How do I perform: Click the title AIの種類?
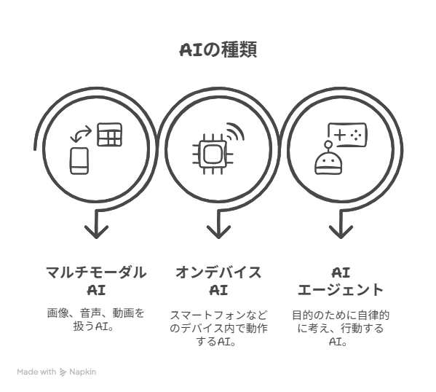tap(218, 50)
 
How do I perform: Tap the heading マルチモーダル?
tap(96, 273)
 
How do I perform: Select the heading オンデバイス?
tap(218, 273)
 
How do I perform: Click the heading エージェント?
tap(341, 290)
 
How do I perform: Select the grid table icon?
tap(110, 135)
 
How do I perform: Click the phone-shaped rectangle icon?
tap(79, 161)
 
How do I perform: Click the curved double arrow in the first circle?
tap(81, 133)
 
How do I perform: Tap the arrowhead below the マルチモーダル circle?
tap(96, 232)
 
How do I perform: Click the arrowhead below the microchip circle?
tap(218, 232)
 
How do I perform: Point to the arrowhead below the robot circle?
tap(341, 232)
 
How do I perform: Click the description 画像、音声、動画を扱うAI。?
tap(96, 320)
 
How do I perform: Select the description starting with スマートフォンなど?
tap(218, 328)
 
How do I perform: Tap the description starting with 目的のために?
tap(341, 328)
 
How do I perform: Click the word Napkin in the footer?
tap(82, 372)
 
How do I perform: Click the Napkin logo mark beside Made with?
tap(63, 372)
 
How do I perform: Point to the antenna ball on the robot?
tap(328, 144)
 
